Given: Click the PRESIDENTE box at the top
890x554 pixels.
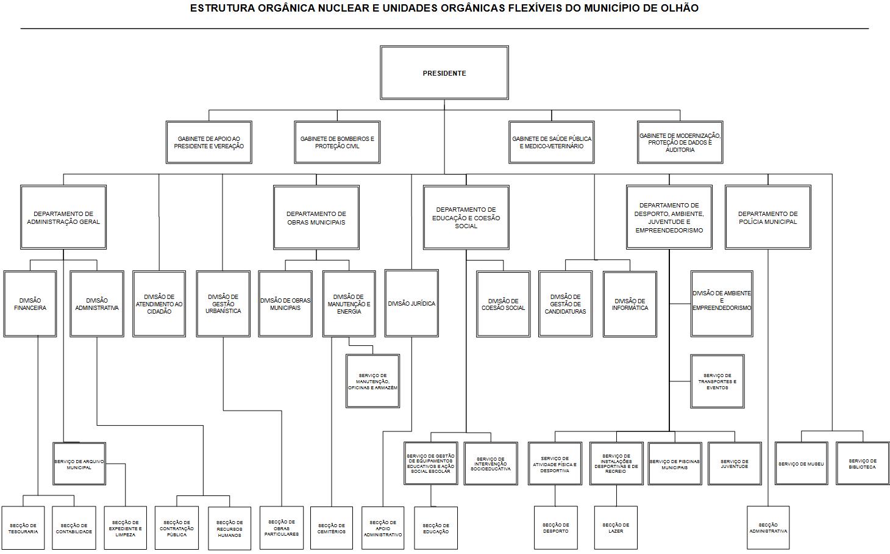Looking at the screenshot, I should (444, 73).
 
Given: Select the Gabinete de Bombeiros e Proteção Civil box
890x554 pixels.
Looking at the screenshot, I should (337, 142).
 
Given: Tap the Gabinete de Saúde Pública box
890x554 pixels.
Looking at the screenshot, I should (552, 142).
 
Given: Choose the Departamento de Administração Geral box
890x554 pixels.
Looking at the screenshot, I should (63, 218).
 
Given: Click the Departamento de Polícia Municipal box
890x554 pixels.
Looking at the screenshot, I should (767, 218).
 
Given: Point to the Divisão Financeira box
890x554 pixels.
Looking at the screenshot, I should (30, 304).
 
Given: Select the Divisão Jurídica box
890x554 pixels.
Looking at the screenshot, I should (411, 303).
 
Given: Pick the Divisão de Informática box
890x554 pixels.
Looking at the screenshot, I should (630, 304).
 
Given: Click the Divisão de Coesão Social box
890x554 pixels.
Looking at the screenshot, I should (503, 304).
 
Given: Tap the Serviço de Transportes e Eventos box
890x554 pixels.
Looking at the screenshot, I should (717, 381).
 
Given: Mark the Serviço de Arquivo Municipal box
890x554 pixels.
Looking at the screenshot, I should (79, 464).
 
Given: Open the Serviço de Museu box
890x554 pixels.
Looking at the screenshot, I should (801, 464).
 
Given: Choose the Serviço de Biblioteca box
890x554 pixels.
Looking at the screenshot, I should (863, 464).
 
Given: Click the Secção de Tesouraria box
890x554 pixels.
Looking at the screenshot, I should (23, 528).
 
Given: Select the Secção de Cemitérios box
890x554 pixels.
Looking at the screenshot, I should (332, 528).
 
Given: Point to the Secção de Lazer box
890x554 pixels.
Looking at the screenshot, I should (616, 528).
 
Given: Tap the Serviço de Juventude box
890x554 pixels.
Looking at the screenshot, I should (734, 464).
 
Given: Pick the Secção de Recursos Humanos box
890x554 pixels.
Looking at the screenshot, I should (229, 528).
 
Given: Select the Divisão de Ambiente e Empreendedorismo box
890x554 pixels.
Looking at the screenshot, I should (722, 303).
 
